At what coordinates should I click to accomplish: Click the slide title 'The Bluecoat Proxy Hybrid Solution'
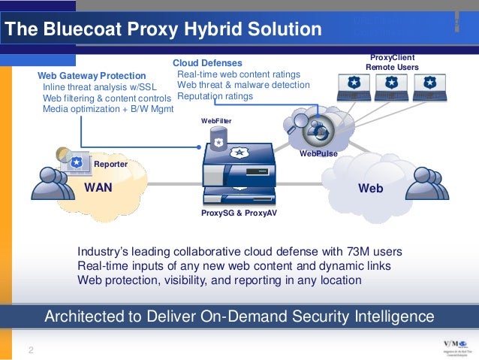[x=162, y=30]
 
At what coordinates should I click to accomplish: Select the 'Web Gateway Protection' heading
[x=92, y=76]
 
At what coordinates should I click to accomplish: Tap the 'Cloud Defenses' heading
[x=207, y=63]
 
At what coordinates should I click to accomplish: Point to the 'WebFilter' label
[x=216, y=120]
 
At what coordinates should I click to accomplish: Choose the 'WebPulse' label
[x=318, y=153]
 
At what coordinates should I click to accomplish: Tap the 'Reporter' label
[x=110, y=163]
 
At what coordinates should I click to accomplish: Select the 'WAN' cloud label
[x=98, y=187]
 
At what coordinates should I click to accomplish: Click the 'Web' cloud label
[x=370, y=189]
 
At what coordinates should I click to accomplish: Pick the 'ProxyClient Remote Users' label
[x=392, y=62]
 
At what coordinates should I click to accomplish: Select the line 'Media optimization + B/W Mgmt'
[x=108, y=108]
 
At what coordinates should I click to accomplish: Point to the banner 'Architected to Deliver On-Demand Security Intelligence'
[x=239, y=315]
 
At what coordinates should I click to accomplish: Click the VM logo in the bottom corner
[x=455, y=346]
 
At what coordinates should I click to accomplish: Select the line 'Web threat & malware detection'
[x=243, y=85]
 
